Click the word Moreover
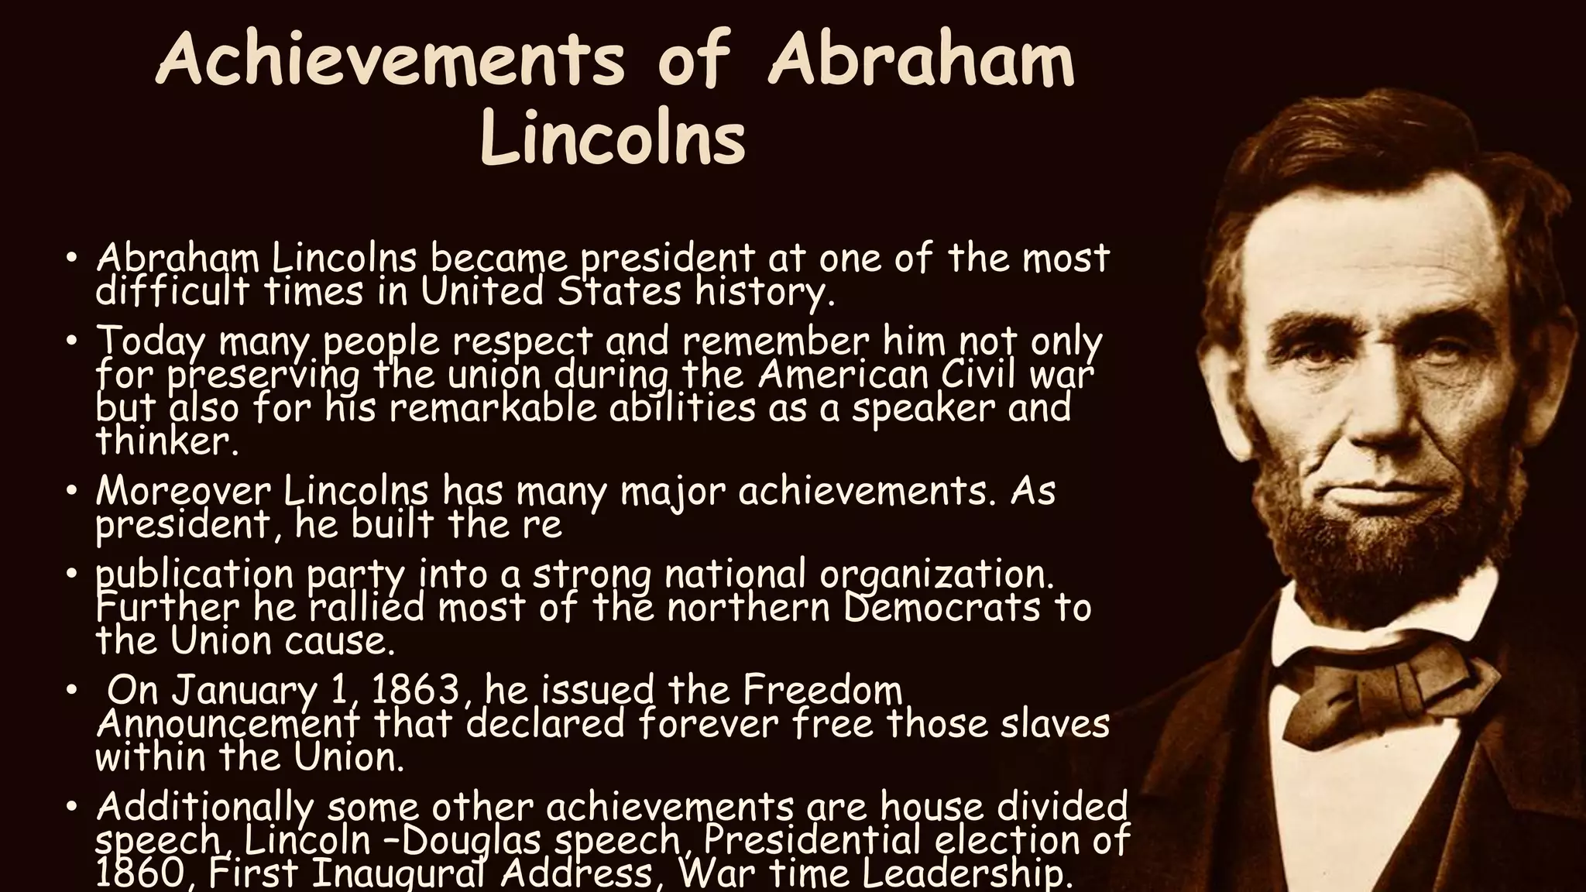pos(184,491)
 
